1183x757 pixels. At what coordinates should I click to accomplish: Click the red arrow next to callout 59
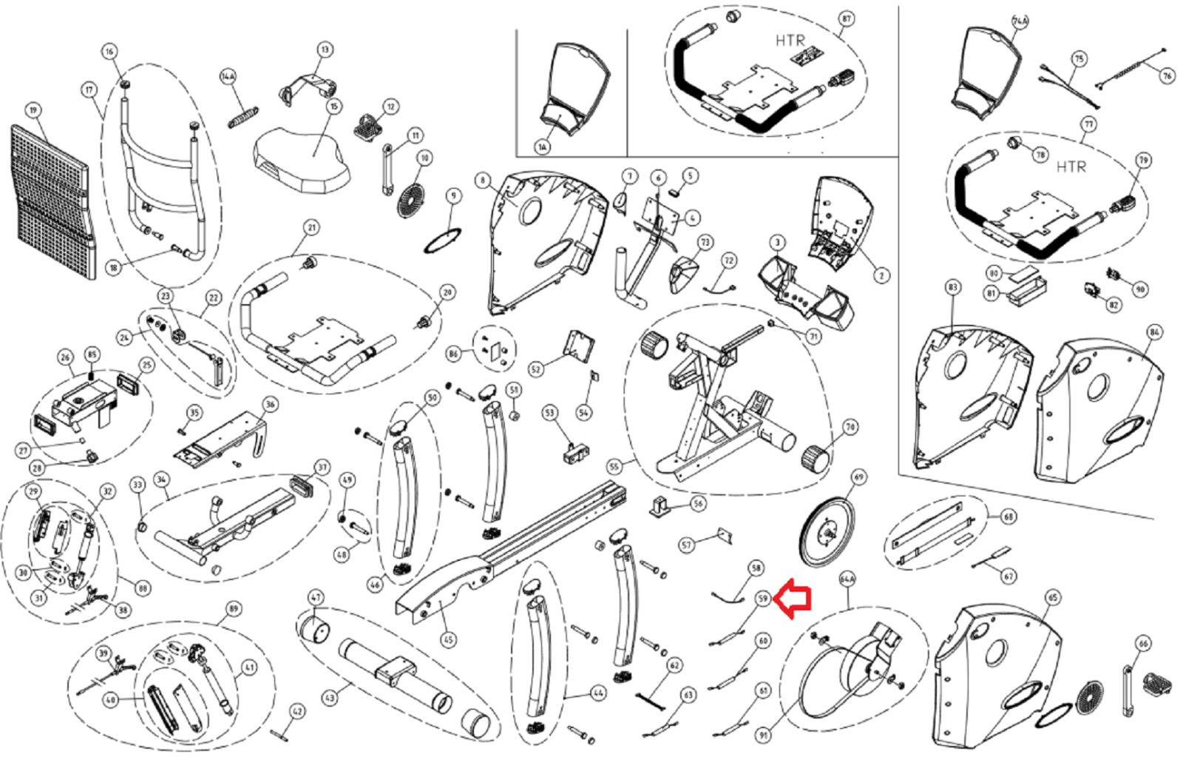coord(793,599)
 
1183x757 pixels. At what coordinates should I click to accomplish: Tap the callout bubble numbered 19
coord(33,110)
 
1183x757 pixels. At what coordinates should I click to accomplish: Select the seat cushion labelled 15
coord(302,159)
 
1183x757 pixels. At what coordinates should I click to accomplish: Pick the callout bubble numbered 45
coord(448,639)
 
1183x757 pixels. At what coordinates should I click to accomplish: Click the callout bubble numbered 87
coord(847,19)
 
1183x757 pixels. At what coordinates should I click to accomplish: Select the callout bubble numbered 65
coord(1053,597)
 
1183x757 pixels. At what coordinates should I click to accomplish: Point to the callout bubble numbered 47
coord(316,597)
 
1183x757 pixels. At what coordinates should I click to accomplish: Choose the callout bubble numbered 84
coord(1154,332)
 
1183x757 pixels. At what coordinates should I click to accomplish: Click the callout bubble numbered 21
coord(311,227)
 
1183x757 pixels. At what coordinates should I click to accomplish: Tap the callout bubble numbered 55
coord(614,467)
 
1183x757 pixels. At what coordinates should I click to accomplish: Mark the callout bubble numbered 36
coord(270,404)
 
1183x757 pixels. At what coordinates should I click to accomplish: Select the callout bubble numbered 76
coord(1167,75)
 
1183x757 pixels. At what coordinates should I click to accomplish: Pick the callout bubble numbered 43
coord(329,697)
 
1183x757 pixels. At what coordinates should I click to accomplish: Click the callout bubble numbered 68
coord(1009,517)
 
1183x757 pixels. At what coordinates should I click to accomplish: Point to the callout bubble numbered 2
coord(881,275)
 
